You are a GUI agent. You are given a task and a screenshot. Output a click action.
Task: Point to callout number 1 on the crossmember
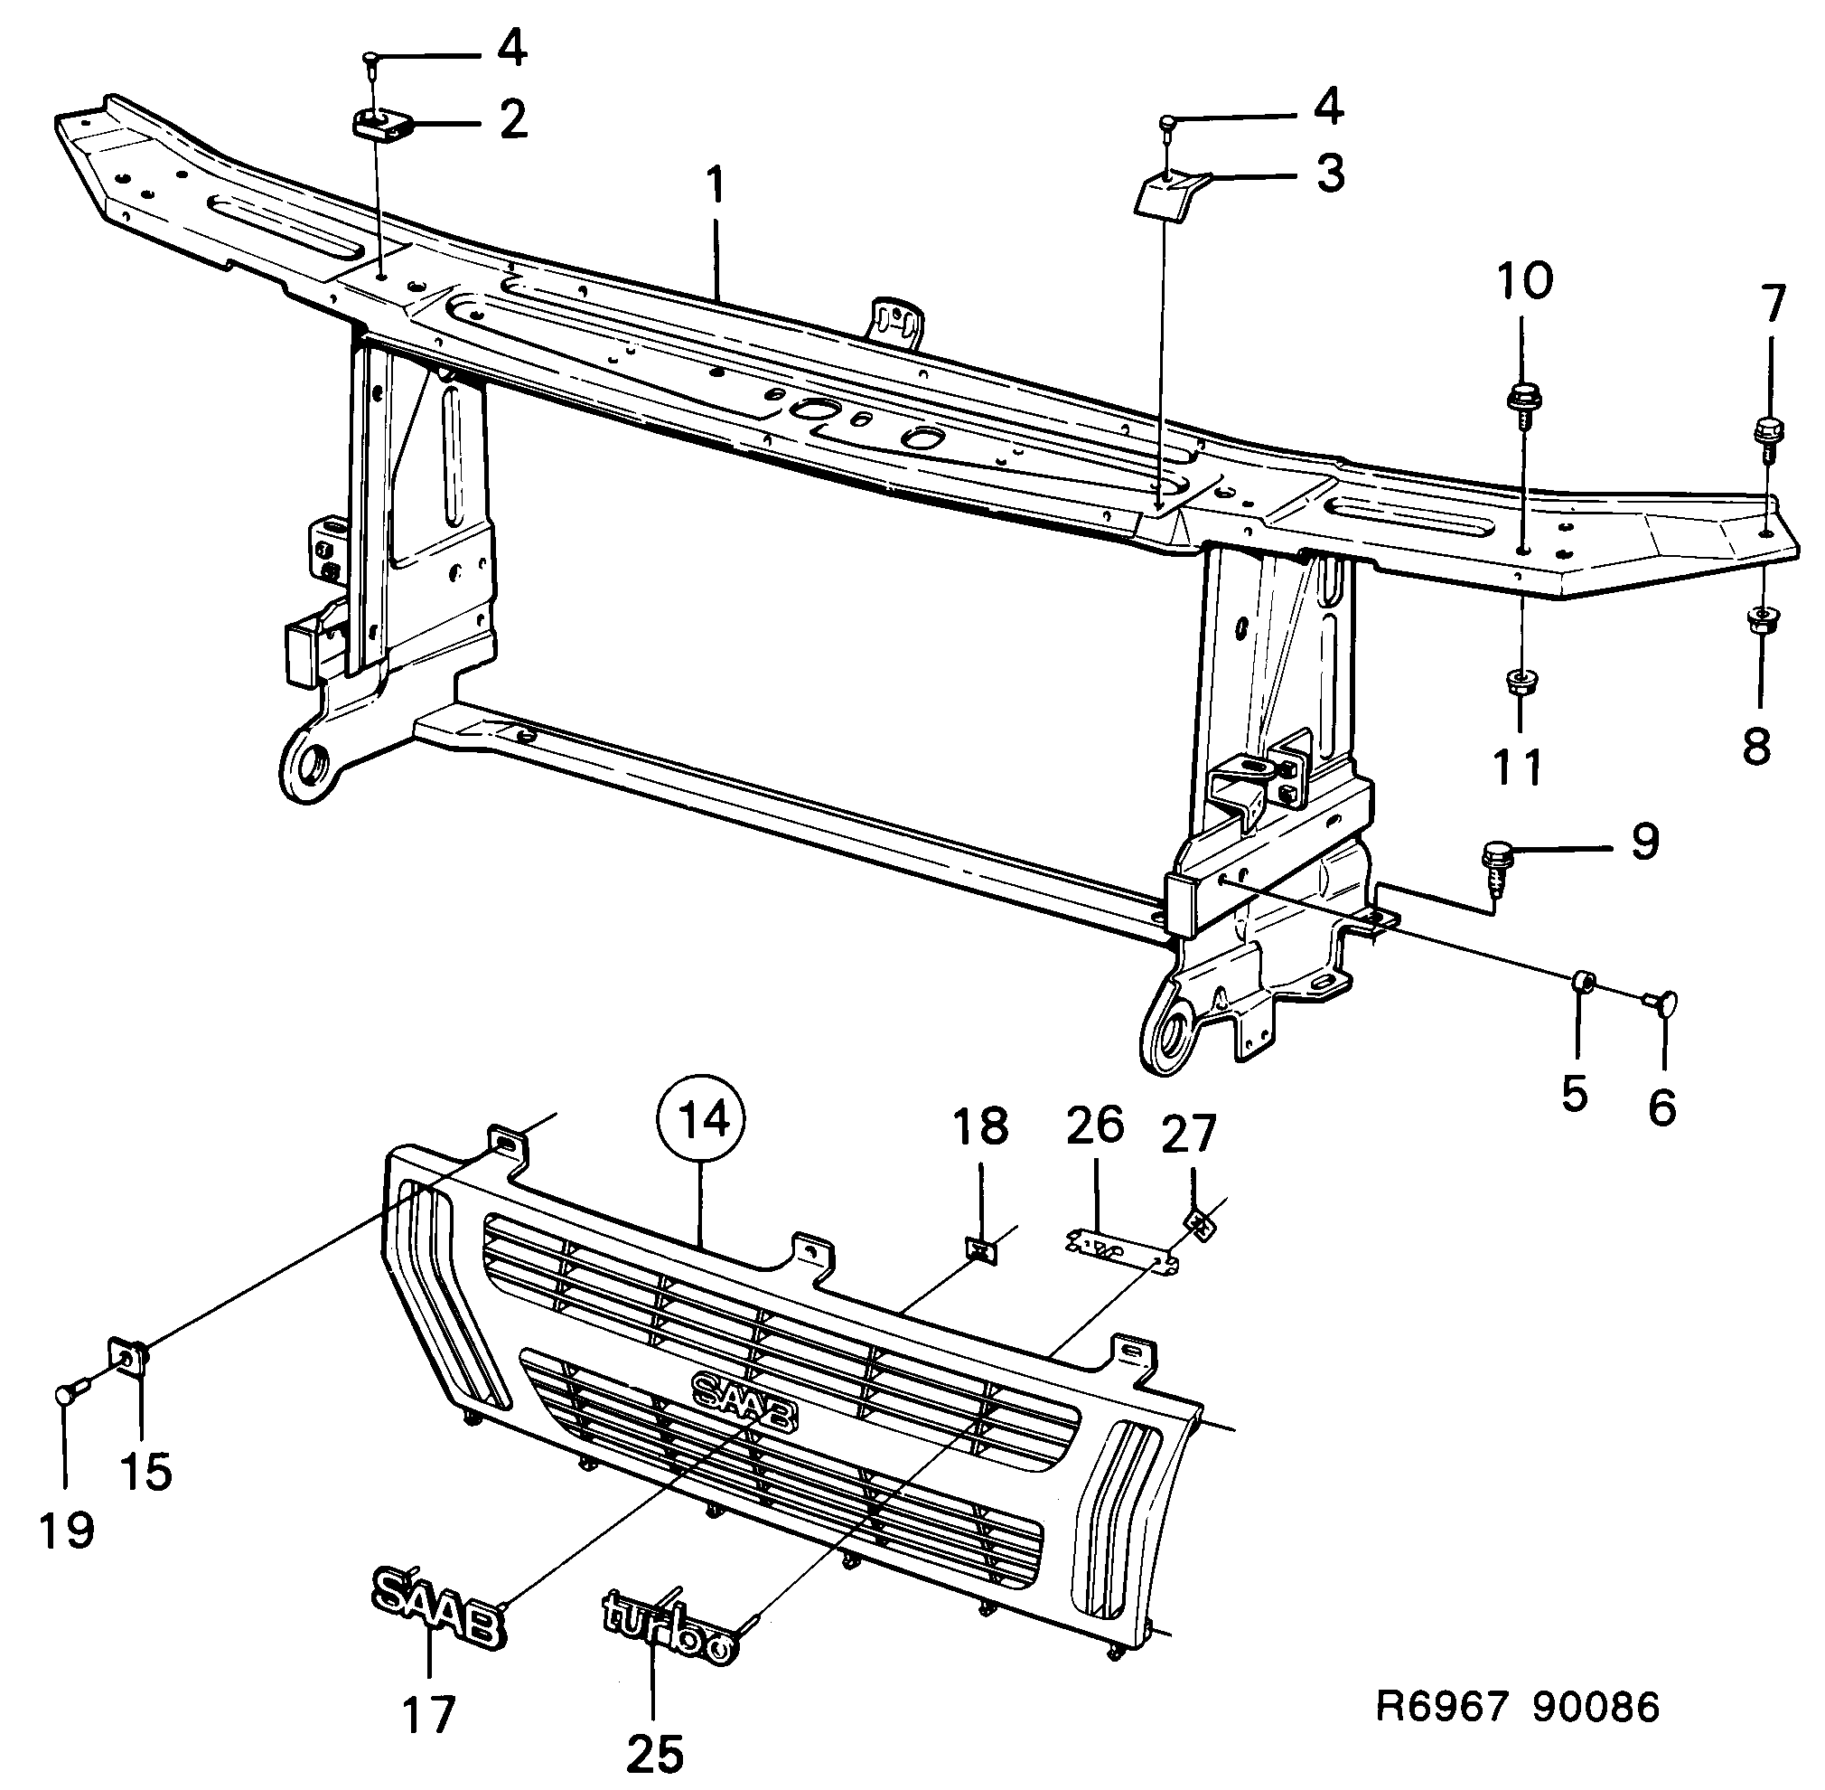click(x=716, y=187)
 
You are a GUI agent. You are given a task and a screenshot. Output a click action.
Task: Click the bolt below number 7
click(x=1769, y=437)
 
